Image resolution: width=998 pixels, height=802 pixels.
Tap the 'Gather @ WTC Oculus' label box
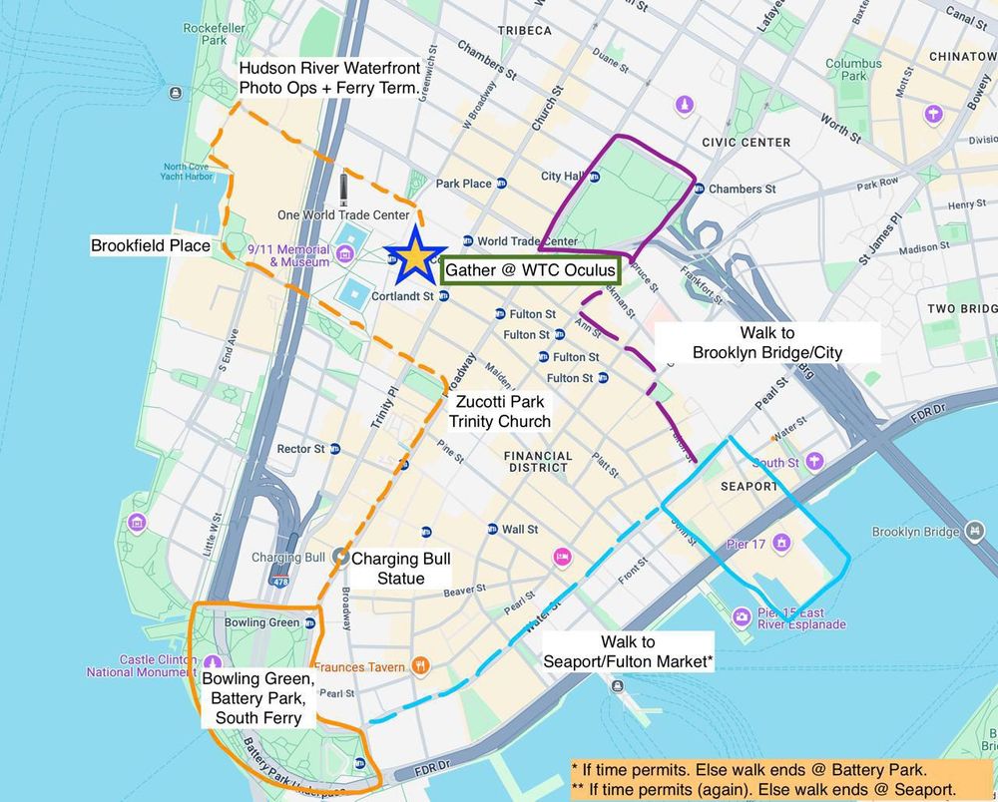[x=531, y=270]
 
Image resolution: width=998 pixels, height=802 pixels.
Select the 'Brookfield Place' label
[x=151, y=244]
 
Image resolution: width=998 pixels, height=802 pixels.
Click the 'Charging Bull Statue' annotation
[x=388, y=569]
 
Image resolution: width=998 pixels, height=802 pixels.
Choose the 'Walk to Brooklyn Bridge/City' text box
[x=767, y=342]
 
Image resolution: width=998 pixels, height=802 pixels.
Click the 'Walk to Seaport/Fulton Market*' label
[x=628, y=651]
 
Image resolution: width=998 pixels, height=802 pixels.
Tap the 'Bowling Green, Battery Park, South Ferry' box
[x=257, y=698]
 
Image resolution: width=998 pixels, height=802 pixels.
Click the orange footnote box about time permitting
[x=779, y=777]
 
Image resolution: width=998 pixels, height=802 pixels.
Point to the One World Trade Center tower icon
[x=343, y=190]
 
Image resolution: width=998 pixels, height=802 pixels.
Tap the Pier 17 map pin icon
[x=781, y=543]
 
